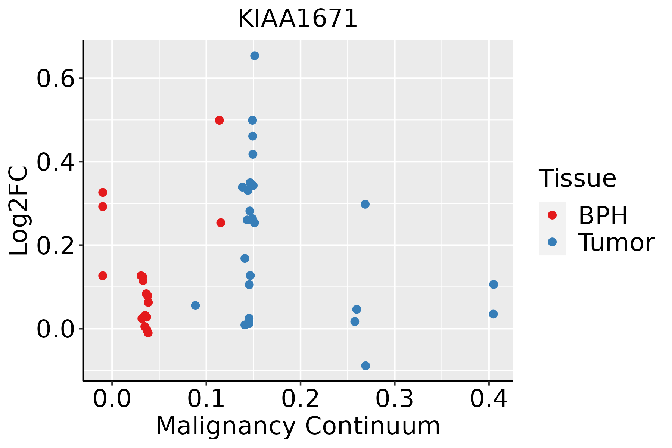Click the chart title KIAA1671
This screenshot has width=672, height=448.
click(x=298, y=19)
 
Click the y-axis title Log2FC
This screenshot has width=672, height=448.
click(x=19, y=211)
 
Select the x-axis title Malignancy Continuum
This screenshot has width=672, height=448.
click(x=298, y=426)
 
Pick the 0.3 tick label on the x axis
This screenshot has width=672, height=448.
click(x=394, y=399)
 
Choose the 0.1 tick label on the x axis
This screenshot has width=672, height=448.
click(x=206, y=399)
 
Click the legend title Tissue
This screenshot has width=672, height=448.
click(x=578, y=178)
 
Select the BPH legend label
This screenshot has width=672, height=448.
click(x=603, y=215)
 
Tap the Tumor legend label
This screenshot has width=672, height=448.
click(x=616, y=243)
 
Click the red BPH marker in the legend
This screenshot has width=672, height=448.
click(x=552, y=215)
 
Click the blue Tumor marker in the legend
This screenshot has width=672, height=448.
click(x=552, y=242)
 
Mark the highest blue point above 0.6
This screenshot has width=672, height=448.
click(x=255, y=56)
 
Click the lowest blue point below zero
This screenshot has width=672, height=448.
click(x=365, y=365)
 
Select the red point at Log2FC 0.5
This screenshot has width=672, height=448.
click(x=219, y=120)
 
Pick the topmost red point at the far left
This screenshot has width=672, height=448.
click(x=103, y=192)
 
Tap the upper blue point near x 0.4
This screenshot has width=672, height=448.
click(x=494, y=284)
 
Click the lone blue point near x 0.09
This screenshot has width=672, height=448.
click(x=195, y=305)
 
